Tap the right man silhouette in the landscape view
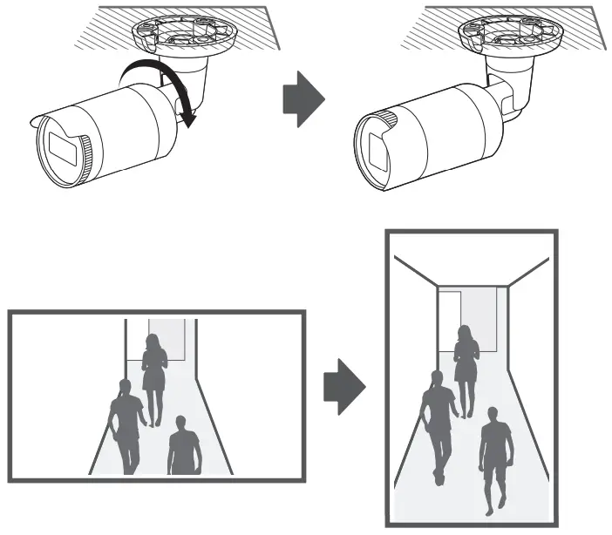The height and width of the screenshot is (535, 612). click(184, 446)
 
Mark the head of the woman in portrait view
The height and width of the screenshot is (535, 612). click(465, 332)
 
